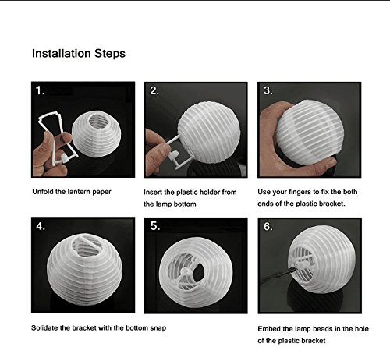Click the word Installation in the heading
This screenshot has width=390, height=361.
click(x=62, y=53)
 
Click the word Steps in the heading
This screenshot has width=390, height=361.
click(x=110, y=54)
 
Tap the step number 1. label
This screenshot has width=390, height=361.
click(x=41, y=90)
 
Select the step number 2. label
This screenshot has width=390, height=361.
click(x=154, y=90)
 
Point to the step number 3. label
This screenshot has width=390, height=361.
click(x=268, y=90)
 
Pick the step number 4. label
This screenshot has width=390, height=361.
click(x=41, y=226)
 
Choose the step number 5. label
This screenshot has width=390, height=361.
click(x=155, y=226)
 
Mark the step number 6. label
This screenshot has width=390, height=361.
click(x=268, y=226)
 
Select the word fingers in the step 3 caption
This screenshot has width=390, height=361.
click(x=300, y=193)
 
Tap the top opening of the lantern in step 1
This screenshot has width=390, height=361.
click(x=97, y=121)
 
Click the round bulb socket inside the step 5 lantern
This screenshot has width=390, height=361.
click(x=185, y=271)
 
